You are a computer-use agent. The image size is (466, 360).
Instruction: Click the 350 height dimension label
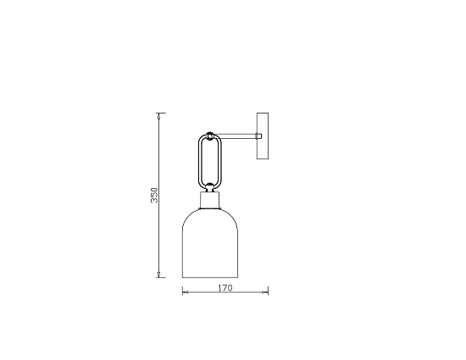pos(154,196)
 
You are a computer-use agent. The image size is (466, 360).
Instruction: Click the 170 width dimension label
pos(225,288)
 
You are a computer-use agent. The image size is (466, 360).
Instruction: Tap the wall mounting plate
pos(263,135)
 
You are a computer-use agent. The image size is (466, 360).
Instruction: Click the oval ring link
pos(210,161)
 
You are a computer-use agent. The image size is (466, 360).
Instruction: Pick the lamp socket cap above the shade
pos(209,202)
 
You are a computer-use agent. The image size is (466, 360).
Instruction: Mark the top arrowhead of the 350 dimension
pos(161,114)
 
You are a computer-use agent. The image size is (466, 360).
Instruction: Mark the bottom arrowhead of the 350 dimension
pos(161,275)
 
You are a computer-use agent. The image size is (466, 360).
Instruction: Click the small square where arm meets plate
pos(260,135)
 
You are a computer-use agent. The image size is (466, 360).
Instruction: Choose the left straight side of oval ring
pos(200,161)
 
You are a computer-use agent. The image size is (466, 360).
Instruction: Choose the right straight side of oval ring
pos(220,161)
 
